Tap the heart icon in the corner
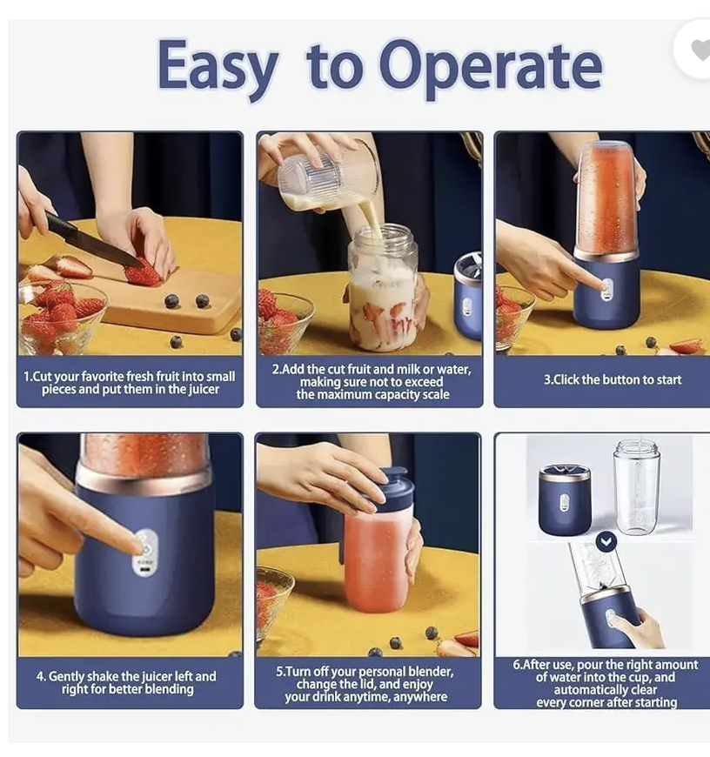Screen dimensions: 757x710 pos(699,50)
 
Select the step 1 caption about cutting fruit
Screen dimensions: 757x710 pos(130,383)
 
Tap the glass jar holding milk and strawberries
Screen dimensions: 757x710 pos(382,287)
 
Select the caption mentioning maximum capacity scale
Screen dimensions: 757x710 pos(372,382)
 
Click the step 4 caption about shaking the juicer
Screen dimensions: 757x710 pos(129,682)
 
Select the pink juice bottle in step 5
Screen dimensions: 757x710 pos(376,557)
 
